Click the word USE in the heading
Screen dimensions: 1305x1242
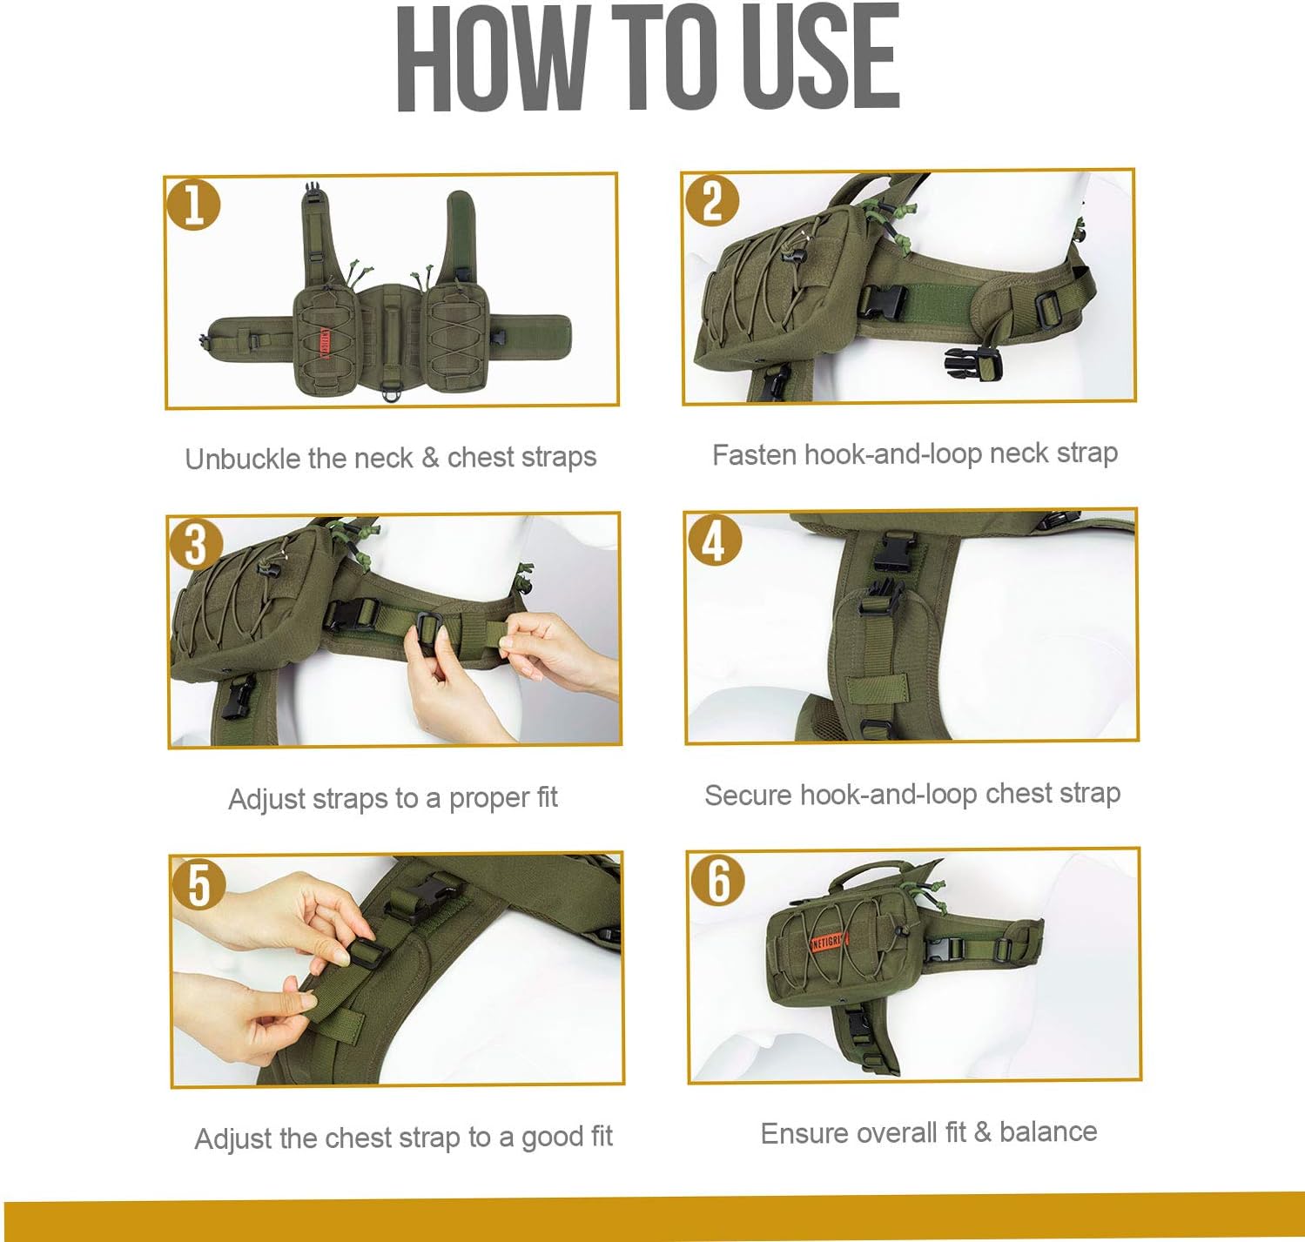[819, 57]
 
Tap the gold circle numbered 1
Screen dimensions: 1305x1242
[193, 205]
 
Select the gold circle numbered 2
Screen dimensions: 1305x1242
[711, 200]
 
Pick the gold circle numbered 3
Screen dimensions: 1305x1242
[195, 545]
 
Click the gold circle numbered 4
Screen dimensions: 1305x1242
[714, 541]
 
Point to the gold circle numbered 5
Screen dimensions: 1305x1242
[198, 884]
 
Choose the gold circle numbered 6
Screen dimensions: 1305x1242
[717, 880]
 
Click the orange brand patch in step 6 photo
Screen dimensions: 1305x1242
[830, 941]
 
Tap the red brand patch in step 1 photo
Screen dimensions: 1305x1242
[326, 343]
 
